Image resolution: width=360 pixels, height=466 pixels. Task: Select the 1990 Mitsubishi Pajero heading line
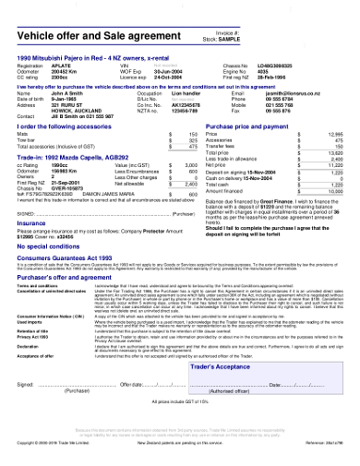coord(102,59)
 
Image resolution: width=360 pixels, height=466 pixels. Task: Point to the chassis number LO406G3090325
coord(277,66)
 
